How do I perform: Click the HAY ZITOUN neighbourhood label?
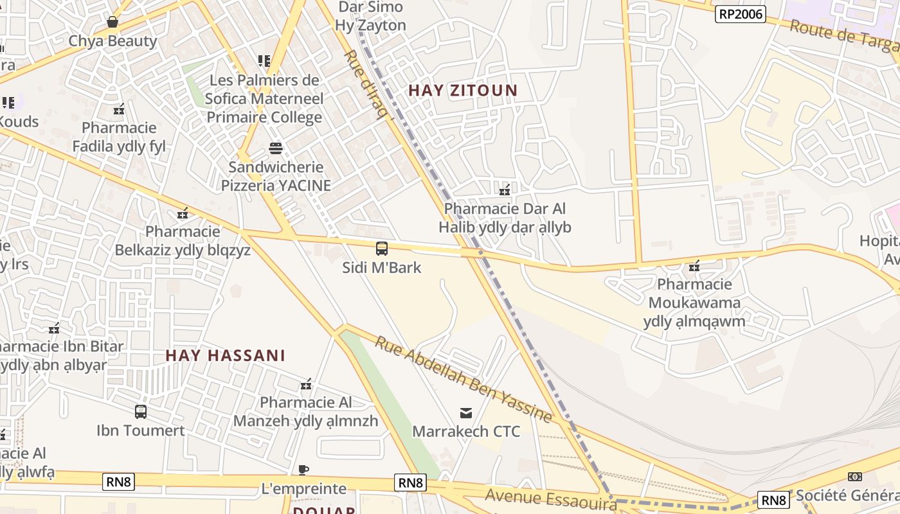click(463, 91)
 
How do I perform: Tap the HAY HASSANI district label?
click(225, 355)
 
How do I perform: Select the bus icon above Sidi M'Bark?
click(382, 249)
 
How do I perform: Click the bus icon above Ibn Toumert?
click(141, 412)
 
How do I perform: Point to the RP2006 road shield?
click(741, 13)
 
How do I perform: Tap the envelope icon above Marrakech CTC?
click(466, 412)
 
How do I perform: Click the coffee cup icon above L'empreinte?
click(304, 470)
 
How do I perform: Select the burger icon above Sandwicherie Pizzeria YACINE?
click(276, 148)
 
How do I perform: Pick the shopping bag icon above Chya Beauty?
click(113, 22)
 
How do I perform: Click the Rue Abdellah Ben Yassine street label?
click(464, 380)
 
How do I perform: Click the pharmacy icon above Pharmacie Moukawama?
click(694, 265)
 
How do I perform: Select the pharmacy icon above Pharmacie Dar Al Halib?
click(505, 190)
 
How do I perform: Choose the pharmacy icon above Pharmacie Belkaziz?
click(183, 213)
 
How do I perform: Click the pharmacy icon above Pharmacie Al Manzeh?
click(306, 384)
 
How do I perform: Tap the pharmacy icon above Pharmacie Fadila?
click(119, 109)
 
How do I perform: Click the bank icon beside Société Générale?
click(855, 477)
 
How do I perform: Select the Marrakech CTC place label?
click(466, 431)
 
